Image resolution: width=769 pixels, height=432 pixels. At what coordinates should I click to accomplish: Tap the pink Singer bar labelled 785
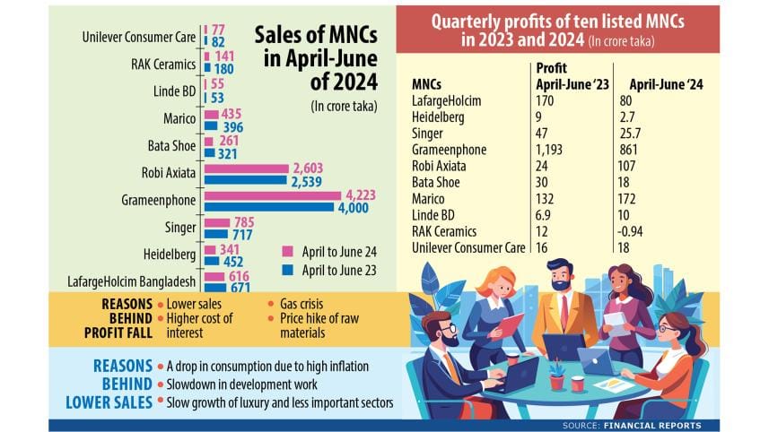(216, 224)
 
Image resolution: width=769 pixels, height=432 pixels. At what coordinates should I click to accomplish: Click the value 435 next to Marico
(233, 114)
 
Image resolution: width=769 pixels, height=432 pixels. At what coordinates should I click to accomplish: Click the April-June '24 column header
(659, 84)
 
